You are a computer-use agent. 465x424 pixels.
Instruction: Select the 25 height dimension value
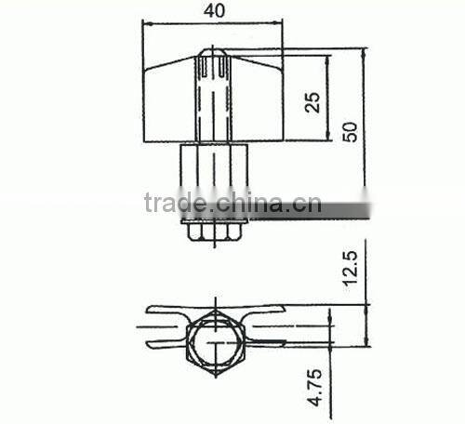point(312,100)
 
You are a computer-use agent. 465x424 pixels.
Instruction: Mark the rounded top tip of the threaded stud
point(213,59)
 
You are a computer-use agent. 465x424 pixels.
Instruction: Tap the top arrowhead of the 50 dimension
point(365,52)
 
